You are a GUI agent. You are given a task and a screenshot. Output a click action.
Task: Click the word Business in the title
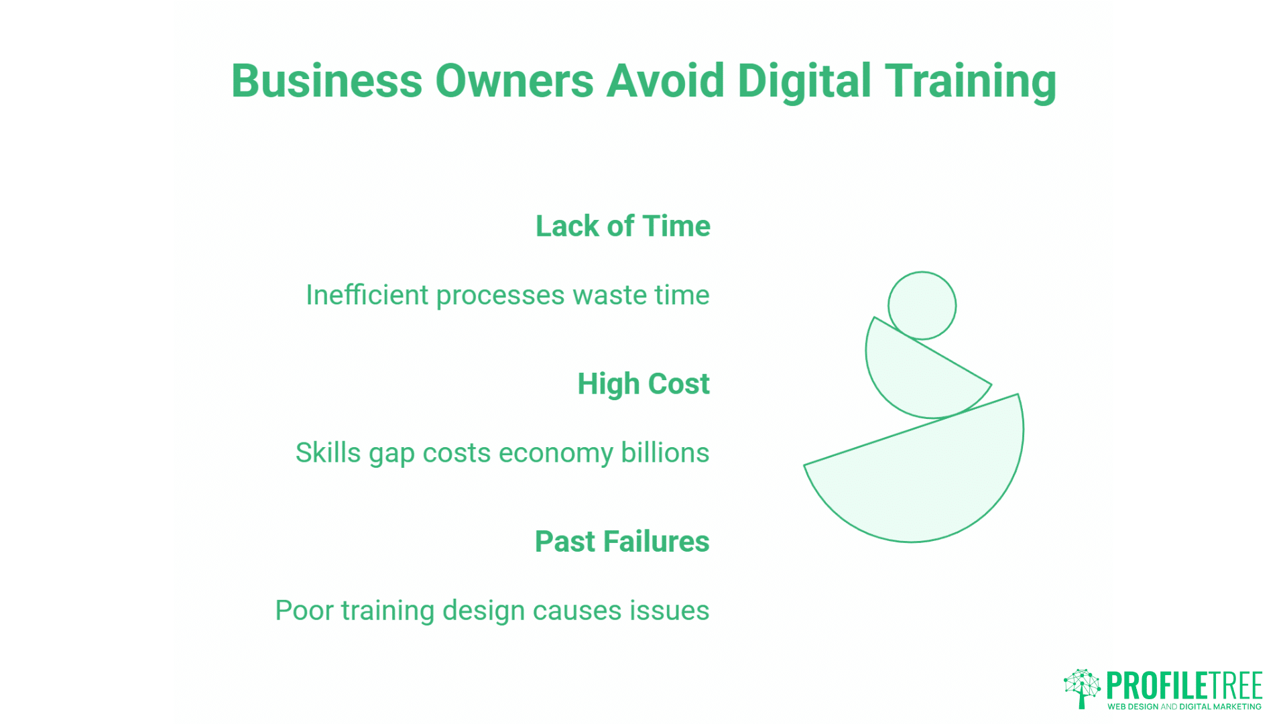click(326, 81)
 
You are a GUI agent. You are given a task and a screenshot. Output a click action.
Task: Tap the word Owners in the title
click(514, 81)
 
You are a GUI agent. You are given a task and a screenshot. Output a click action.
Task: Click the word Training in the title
click(970, 81)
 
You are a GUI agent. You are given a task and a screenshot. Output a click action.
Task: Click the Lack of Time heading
click(623, 226)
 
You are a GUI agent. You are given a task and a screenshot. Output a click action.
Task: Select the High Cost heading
click(643, 384)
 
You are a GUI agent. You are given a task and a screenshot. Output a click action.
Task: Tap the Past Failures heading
click(621, 542)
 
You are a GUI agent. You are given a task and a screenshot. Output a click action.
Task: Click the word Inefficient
click(367, 295)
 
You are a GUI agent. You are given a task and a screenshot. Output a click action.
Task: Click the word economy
click(556, 454)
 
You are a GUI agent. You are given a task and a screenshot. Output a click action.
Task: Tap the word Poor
click(304, 611)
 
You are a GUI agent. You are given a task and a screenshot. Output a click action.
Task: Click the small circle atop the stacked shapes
click(922, 306)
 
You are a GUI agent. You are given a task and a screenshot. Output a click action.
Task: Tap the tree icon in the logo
click(1082, 688)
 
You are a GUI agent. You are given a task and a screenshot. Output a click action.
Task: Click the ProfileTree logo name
click(1184, 685)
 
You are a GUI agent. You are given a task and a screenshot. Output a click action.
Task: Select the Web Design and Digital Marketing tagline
click(1184, 707)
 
